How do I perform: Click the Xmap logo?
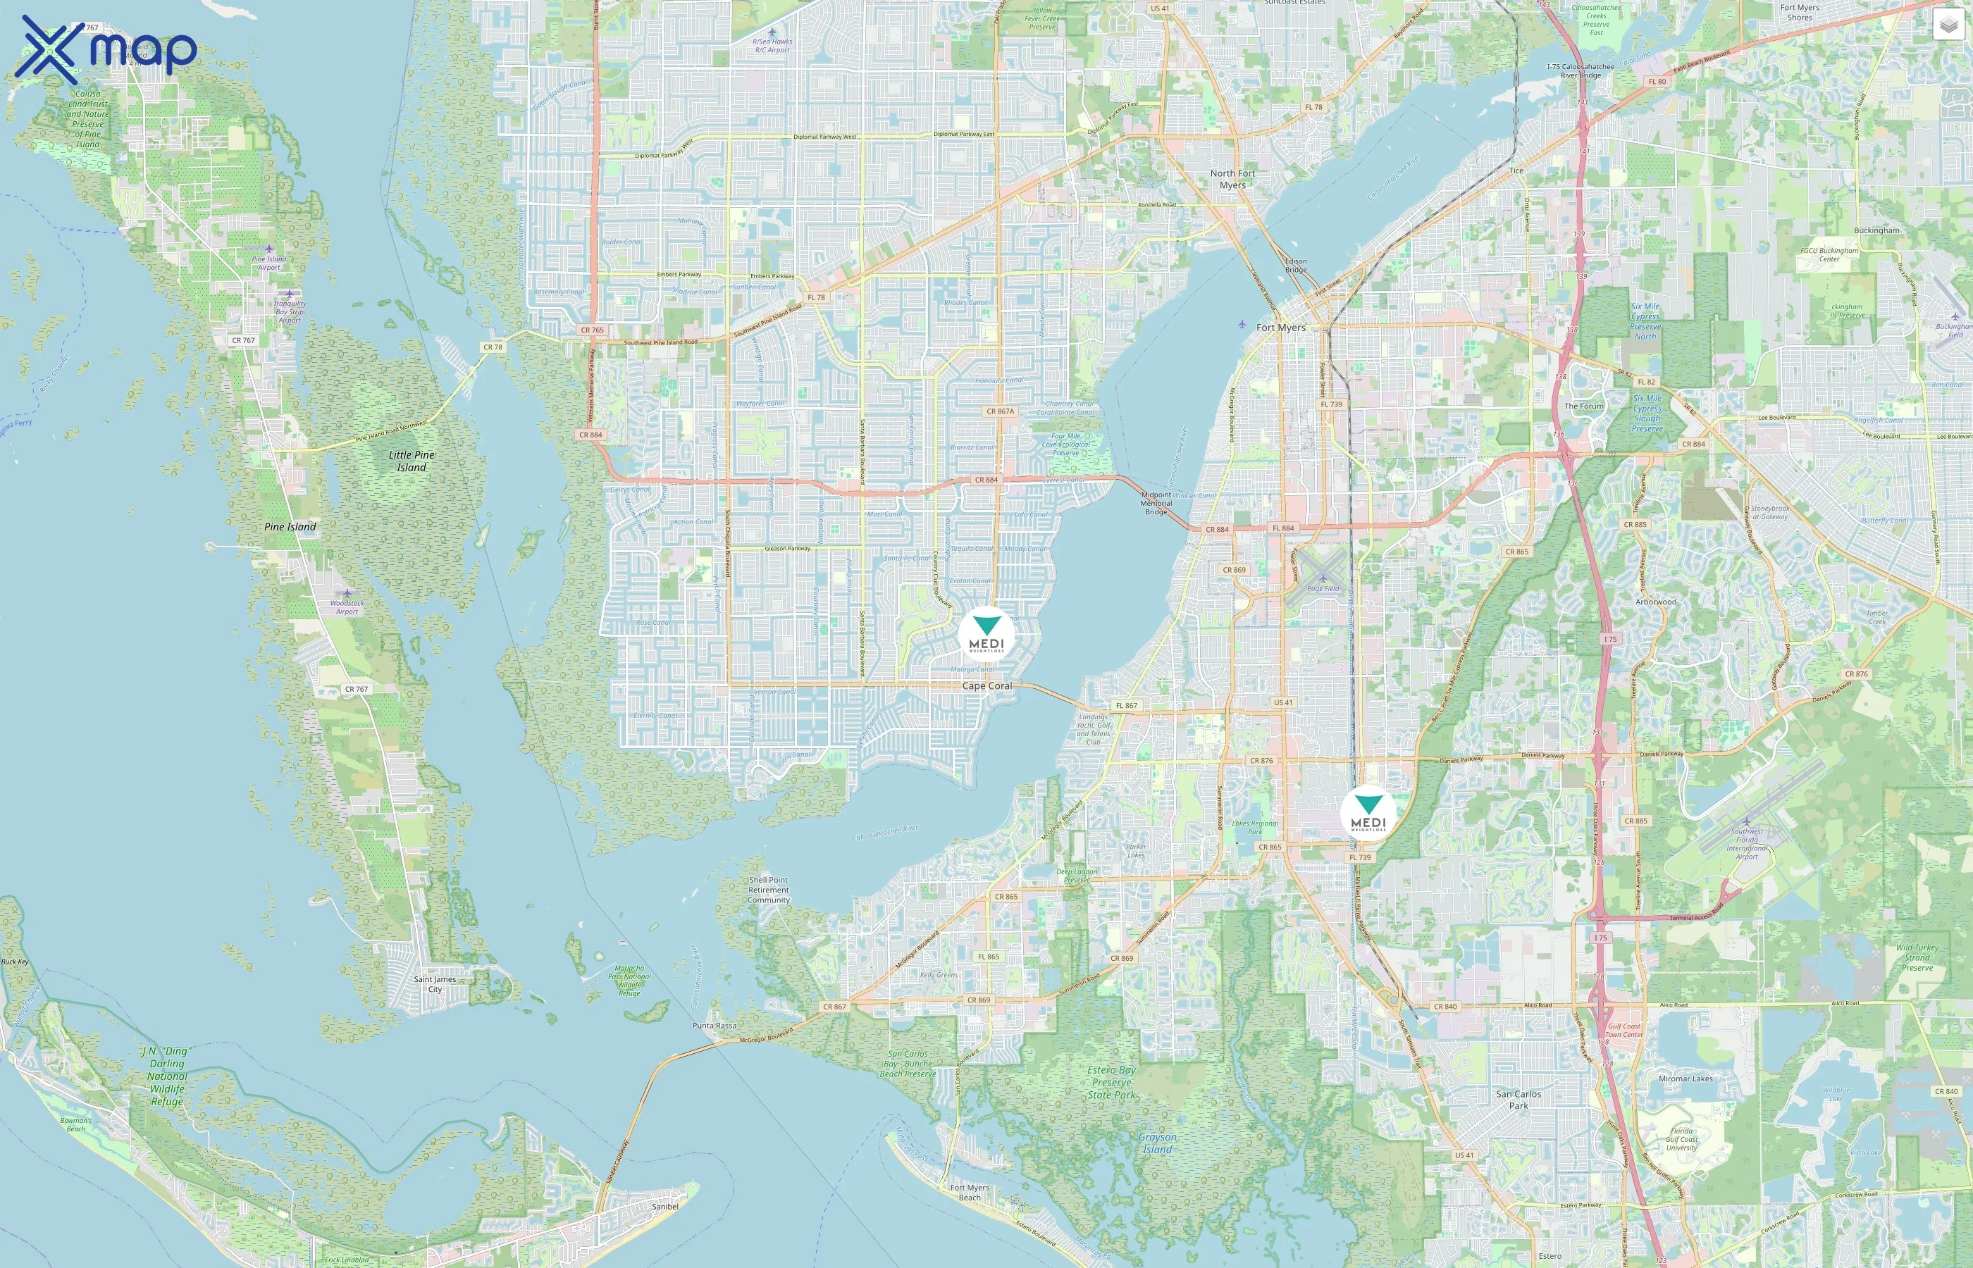(x=106, y=49)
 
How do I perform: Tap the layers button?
(x=1948, y=25)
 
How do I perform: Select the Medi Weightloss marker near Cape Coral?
(x=986, y=635)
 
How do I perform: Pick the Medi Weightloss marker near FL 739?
(x=1368, y=814)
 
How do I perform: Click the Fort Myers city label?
(x=1280, y=328)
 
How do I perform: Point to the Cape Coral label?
(x=986, y=686)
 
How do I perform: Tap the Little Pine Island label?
(x=412, y=461)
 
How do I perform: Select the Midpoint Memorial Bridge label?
(x=1156, y=503)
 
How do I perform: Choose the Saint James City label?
(x=435, y=984)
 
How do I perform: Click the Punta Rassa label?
(x=714, y=1025)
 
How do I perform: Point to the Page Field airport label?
(x=1323, y=588)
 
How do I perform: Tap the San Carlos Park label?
(x=1519, y=1099)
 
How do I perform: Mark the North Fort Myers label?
(x=1232, y=179)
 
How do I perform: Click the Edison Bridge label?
(x=1296, y=265)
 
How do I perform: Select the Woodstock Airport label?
(x=347, y=607)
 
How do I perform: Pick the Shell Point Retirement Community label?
(x=768, y=890)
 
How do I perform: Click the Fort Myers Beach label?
(x=969, y=1192)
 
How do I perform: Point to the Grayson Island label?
(x=1157, y=1143)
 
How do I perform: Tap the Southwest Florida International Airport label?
(x=1747, y=843)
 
